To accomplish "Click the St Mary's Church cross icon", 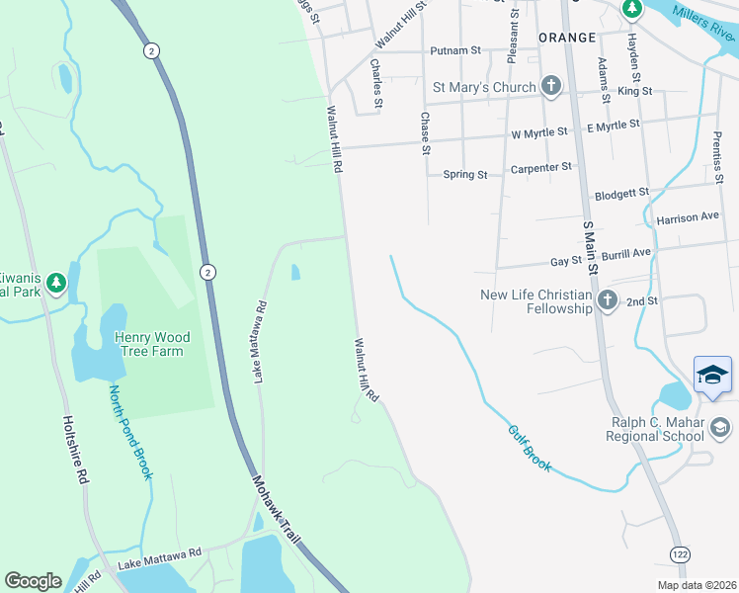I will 550,87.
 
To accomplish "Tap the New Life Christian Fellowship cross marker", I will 607,300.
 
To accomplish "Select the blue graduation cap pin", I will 712,375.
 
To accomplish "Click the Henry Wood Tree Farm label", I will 152,344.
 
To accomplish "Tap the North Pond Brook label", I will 130,431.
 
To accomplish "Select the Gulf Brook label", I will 530,447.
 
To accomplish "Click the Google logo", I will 33,581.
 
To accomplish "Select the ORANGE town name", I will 567,38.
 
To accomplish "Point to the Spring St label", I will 465,175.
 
